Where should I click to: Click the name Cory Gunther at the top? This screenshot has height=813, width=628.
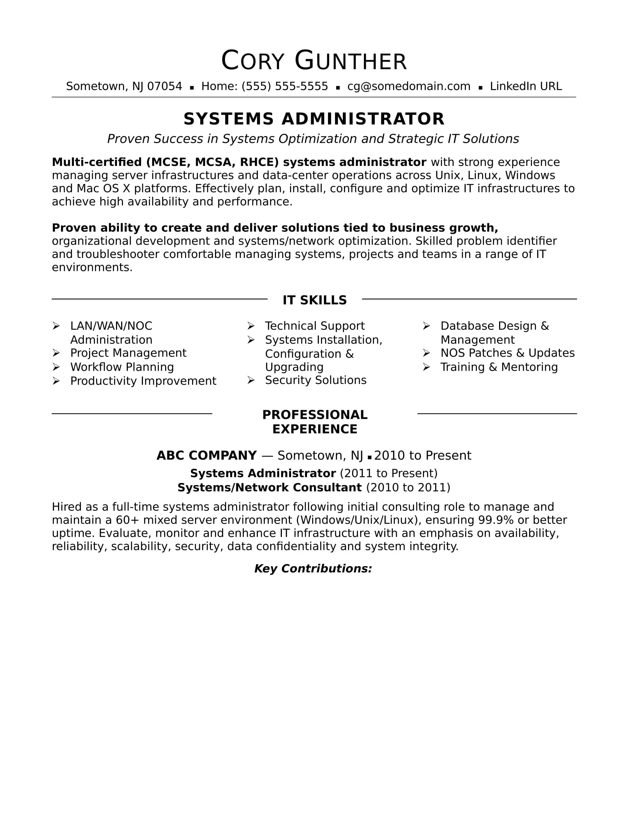pos(314,61)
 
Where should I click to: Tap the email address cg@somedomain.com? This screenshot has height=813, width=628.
pos(409,86)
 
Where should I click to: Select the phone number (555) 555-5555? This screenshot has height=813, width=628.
pos(284,86)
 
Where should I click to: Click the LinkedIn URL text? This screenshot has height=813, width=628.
pos(525,86)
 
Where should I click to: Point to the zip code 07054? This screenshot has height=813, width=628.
pos(164,86)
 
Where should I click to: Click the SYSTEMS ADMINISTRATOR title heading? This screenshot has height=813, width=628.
pos(314,119)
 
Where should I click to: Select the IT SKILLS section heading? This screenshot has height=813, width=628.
pos(314,300)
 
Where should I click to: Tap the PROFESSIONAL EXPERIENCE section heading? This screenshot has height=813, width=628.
pos(314,422)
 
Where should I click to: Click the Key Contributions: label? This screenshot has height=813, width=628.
pos(313,568)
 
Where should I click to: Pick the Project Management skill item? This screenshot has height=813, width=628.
pos(128,353)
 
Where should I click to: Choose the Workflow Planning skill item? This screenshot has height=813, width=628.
pos(122,367)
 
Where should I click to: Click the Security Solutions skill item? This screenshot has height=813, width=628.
pos(315,380)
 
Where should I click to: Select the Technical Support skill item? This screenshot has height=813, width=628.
pos(315,326)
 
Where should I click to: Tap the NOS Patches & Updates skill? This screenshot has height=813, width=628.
pos(508,353)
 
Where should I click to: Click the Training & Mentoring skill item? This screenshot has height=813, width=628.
pos(499,367)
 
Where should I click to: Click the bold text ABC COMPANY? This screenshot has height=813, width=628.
pos(207,455)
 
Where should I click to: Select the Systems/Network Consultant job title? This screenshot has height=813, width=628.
pos(269,488)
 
